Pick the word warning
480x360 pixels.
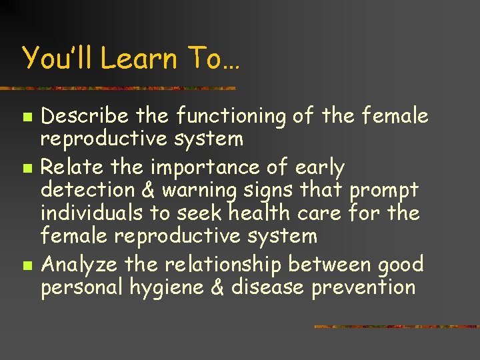(x=200, y=191)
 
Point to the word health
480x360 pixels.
(x=259, y=213)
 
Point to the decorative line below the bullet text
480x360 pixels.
(x=396, y=327)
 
